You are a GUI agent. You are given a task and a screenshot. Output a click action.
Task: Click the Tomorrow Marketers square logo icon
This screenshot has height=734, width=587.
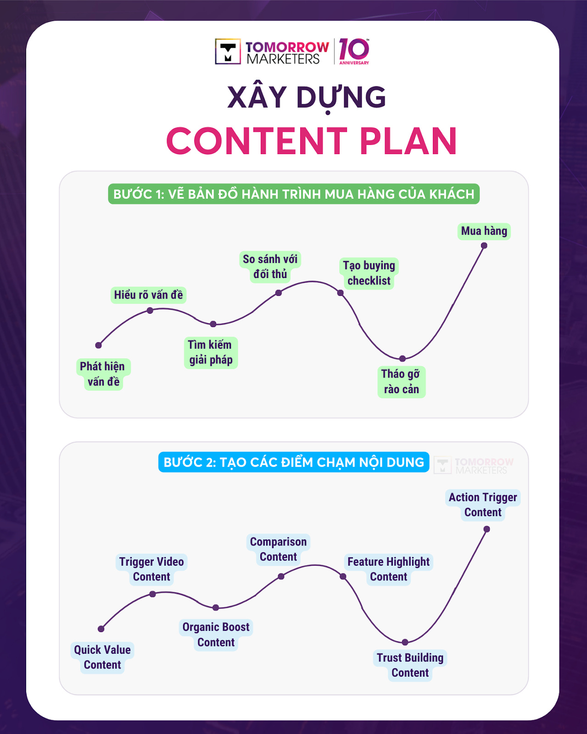[x=228, y=51]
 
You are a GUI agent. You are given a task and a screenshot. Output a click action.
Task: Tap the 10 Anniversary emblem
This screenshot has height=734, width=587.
[x=354, y=51]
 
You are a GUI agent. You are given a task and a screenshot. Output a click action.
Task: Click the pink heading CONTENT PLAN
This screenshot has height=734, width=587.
[x=311, y=141]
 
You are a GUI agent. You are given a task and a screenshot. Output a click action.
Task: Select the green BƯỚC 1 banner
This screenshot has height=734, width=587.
[x=294, y=194]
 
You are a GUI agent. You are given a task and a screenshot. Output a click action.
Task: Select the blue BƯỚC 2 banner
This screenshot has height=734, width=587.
[x=294, y=462]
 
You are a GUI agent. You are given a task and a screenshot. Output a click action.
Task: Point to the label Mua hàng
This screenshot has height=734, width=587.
[x=484, y=231]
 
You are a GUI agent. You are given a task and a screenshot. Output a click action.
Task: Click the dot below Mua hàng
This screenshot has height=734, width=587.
[x=484, y=245]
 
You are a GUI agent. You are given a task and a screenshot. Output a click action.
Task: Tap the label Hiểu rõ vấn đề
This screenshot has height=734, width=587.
[x=148, y=295]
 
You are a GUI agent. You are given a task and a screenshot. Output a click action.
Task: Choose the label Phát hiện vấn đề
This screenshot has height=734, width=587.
[x=103, y=374]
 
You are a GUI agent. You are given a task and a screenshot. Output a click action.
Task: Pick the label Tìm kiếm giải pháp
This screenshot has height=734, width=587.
[x=210, y=352]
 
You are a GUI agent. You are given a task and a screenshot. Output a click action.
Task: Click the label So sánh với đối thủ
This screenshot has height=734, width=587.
[x=270, y=267]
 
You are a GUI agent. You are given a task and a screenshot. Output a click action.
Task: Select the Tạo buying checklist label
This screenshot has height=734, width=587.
[x=369, y=273]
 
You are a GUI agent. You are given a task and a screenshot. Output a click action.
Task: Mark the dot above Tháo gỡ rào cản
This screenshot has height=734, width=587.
[x=402, y=358]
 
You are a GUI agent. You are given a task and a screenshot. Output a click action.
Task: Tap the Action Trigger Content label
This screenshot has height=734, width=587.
[x=483, y=505]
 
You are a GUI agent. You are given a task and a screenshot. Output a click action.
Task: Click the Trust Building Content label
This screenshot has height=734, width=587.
[x=410, y=665]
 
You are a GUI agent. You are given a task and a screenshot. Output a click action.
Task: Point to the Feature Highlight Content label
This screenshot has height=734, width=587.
[x=388, y=569]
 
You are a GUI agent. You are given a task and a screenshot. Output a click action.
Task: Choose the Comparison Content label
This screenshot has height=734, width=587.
[x=278, y=549]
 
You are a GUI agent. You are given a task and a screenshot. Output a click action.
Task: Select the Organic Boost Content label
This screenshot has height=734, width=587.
[x=216, y=634]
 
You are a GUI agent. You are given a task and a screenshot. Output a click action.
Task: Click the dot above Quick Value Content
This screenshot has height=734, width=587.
[x=101, y=628]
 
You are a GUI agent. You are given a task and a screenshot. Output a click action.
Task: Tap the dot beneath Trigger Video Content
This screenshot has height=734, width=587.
[x=152, y=594]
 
